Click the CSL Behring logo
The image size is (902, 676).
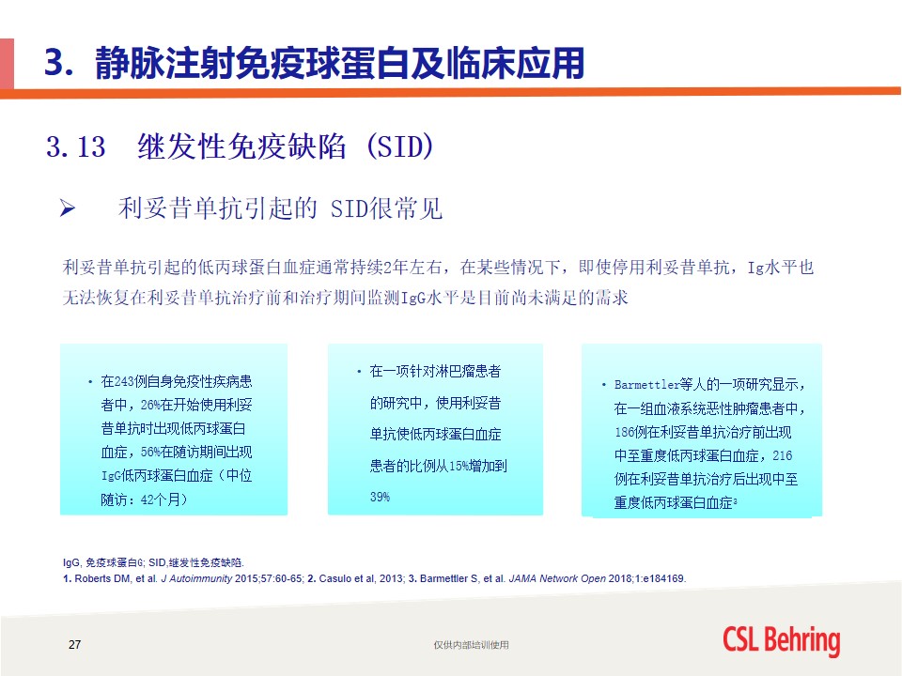pos(781,640)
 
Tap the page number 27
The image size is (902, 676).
pos(75,644)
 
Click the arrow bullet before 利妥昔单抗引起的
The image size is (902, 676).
pos(68,208)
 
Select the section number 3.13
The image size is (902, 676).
pos(76,146)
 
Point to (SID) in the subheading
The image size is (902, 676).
pos(399,146)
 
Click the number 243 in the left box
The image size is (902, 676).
pos(124,382)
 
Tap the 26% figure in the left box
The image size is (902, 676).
pos(150,406)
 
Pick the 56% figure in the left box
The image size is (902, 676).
pos(150,453)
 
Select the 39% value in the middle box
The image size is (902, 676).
pos(380,497)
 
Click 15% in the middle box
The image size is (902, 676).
pos(459,466)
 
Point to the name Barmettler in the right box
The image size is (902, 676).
pos(646,385)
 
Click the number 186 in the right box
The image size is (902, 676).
pos(624,432)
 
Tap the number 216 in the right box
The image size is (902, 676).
pos(783,456)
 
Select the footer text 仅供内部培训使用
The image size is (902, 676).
pos(471,645)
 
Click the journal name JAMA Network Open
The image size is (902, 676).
pos(557,578)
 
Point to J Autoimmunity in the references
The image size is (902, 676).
pos(196,578)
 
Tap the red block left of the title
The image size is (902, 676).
pos(7,63)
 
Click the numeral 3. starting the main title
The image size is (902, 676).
pos(59,62)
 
